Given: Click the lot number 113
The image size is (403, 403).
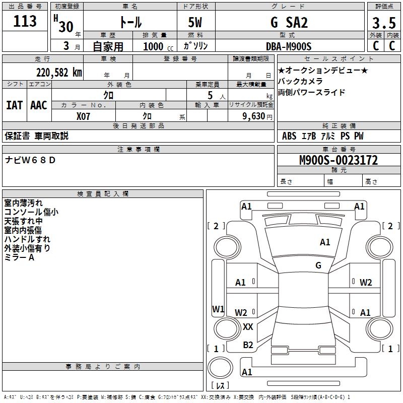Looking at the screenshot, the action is point(25,21).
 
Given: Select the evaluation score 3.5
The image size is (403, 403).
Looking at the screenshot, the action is point(383,23).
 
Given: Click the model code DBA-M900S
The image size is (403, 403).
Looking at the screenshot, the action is point(289,46).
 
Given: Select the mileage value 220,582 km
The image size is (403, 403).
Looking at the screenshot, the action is point(59,72).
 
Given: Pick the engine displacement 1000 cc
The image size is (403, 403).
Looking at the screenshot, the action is point(153,46).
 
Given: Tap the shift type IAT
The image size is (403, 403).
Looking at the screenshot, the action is point(14,105).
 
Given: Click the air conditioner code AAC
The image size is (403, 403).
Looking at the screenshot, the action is point(39,105).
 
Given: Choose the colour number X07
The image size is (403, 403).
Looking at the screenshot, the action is point(83,116).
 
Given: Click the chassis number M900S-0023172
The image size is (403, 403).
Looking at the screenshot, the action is point(338,161).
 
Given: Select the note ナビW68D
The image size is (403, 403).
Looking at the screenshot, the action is point(31,160).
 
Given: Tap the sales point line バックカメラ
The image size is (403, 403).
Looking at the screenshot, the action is point(300,81).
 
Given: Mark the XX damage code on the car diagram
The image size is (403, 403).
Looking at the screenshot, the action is point(248,327).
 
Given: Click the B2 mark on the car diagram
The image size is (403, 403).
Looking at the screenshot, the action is point(248,345).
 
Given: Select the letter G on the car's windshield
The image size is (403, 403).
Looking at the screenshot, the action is point(318,265).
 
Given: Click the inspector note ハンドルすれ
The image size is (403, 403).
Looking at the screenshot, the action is point(27,239).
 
